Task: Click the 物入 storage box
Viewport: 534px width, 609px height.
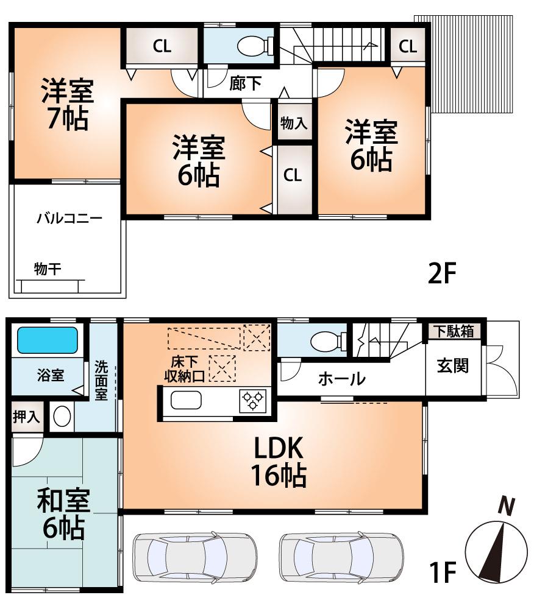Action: point(293,124)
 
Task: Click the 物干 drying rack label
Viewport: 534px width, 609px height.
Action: point(47,269)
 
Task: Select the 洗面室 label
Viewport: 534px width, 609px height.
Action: point(101,380)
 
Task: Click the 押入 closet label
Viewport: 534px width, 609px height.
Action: point(26,417)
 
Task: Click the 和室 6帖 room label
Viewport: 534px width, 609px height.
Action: point(63,515)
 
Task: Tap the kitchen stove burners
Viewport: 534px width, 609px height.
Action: point(253,401)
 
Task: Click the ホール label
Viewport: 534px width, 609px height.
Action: point(341,379)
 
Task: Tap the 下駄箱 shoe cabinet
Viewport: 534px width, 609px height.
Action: point(455,331)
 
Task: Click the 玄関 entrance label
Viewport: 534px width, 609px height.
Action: point(452,365)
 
